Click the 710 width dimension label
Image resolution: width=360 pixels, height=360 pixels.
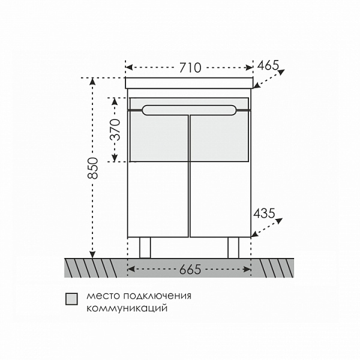click(190, 68)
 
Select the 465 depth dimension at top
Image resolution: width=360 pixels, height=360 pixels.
click(268, 65)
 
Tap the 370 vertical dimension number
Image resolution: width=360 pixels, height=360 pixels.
click(115, 130)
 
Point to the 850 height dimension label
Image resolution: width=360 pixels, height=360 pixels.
click(93, 168)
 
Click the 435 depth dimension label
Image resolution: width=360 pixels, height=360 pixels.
click(264, 213)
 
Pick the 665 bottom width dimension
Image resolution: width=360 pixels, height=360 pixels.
click(190, 269)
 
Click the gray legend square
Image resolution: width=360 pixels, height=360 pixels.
click(71, 299)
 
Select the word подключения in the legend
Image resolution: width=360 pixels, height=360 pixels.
click(157, 296)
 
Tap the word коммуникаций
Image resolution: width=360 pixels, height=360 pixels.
click(127, 308)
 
